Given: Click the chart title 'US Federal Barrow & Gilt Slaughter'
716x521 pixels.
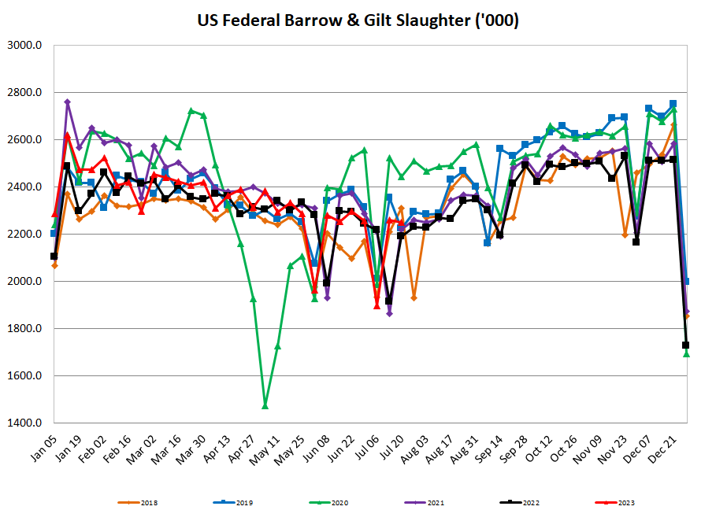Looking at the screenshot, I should tap(358, 20).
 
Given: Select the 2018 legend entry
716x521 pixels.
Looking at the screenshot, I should tap(143, 502).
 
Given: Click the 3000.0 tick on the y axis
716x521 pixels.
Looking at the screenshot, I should tap(27, 46).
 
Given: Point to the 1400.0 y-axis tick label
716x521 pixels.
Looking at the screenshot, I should tap(27, 423).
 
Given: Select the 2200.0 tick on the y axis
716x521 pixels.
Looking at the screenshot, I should tap(27, 235).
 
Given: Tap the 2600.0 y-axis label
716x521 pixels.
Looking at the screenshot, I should tap(27, 140).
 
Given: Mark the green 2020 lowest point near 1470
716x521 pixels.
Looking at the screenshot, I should tap(265, 405).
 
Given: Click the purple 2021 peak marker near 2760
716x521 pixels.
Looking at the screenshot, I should tap(67, 102).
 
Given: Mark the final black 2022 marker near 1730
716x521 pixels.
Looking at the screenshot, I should tap(685, 345).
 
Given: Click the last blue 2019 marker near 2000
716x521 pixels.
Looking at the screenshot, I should tap(686, 281).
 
